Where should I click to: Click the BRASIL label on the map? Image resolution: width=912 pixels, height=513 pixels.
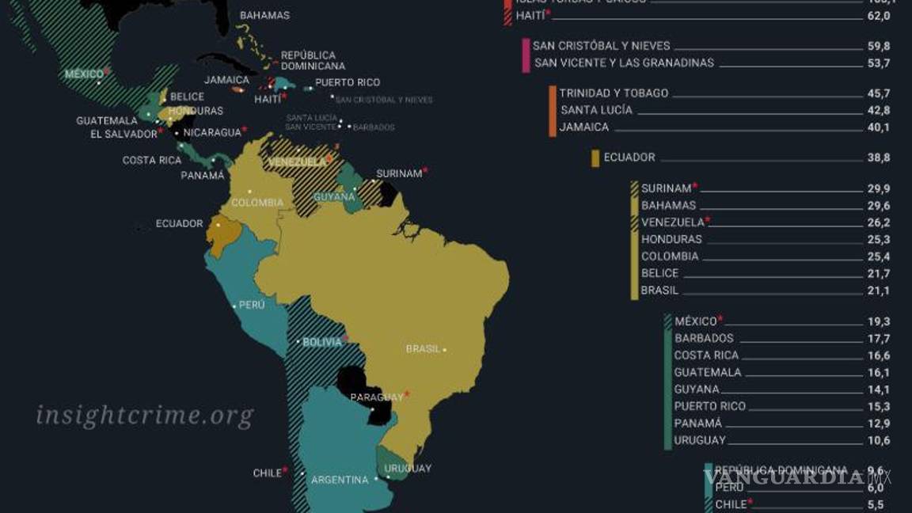[422, 349]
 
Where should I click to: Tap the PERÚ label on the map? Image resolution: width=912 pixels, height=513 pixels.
[252, 305]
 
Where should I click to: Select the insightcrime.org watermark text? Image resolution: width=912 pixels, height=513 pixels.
[145, 415]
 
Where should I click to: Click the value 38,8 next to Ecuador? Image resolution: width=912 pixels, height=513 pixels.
[878, 158]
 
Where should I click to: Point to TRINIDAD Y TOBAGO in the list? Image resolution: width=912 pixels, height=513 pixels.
[614, 93]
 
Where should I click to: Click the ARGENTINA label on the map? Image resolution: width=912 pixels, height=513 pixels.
[339, 480]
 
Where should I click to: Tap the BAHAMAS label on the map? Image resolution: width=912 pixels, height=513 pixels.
[264, 15]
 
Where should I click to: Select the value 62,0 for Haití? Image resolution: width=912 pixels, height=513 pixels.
[878, 16]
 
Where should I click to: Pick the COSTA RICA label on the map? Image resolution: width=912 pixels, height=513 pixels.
[152, 160]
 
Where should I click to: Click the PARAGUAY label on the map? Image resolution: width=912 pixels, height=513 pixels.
[377, 397]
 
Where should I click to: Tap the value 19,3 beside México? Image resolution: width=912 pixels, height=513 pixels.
[878, 321]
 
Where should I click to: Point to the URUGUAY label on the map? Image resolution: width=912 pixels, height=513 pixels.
[408, 469]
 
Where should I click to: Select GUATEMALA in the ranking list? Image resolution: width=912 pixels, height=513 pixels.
[708, 372]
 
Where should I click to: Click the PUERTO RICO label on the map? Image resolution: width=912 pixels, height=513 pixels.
[348, 82]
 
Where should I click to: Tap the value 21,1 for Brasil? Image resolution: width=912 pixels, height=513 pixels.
[878, 291]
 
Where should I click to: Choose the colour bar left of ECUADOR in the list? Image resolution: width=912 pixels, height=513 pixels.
[595, 158]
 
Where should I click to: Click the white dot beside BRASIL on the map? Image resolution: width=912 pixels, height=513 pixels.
[445, 349]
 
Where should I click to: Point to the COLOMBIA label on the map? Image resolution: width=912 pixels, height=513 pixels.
[257, 203]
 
